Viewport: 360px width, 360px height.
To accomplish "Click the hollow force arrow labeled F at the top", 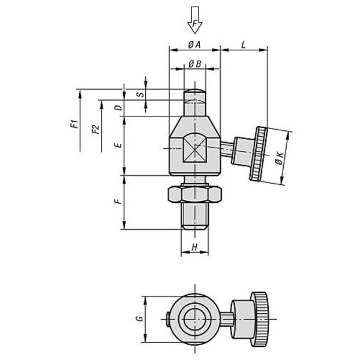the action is [x=194, y=20].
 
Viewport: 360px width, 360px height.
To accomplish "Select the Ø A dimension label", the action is [x=194, y=45].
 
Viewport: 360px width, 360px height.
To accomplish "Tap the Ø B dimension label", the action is [x=194, y=64].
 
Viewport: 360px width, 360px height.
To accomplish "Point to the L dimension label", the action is [x=244, y=45].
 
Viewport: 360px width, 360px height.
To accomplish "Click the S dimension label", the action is [x=140, y=94].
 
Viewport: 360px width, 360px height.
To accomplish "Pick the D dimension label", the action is [x=118, y=107].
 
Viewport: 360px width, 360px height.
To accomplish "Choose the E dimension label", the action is [x=118, y=145].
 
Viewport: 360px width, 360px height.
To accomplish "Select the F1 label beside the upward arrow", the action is [x=74, y=124].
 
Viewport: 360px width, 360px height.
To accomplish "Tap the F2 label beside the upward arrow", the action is [x=95, y=129].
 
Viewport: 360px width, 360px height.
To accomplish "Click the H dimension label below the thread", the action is [x=194, y=247].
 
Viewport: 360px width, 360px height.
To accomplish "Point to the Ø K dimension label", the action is [x=279, y=158].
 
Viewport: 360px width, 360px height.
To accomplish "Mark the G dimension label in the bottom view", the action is [x=139, y=319].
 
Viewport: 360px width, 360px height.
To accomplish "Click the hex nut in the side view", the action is [x=194, y=194].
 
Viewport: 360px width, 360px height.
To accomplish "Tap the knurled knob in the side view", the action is [x=258, y=154].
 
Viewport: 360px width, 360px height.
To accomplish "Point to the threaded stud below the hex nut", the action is [x=195, y=216].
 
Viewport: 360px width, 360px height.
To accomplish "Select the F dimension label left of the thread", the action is [x=118, y=202].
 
